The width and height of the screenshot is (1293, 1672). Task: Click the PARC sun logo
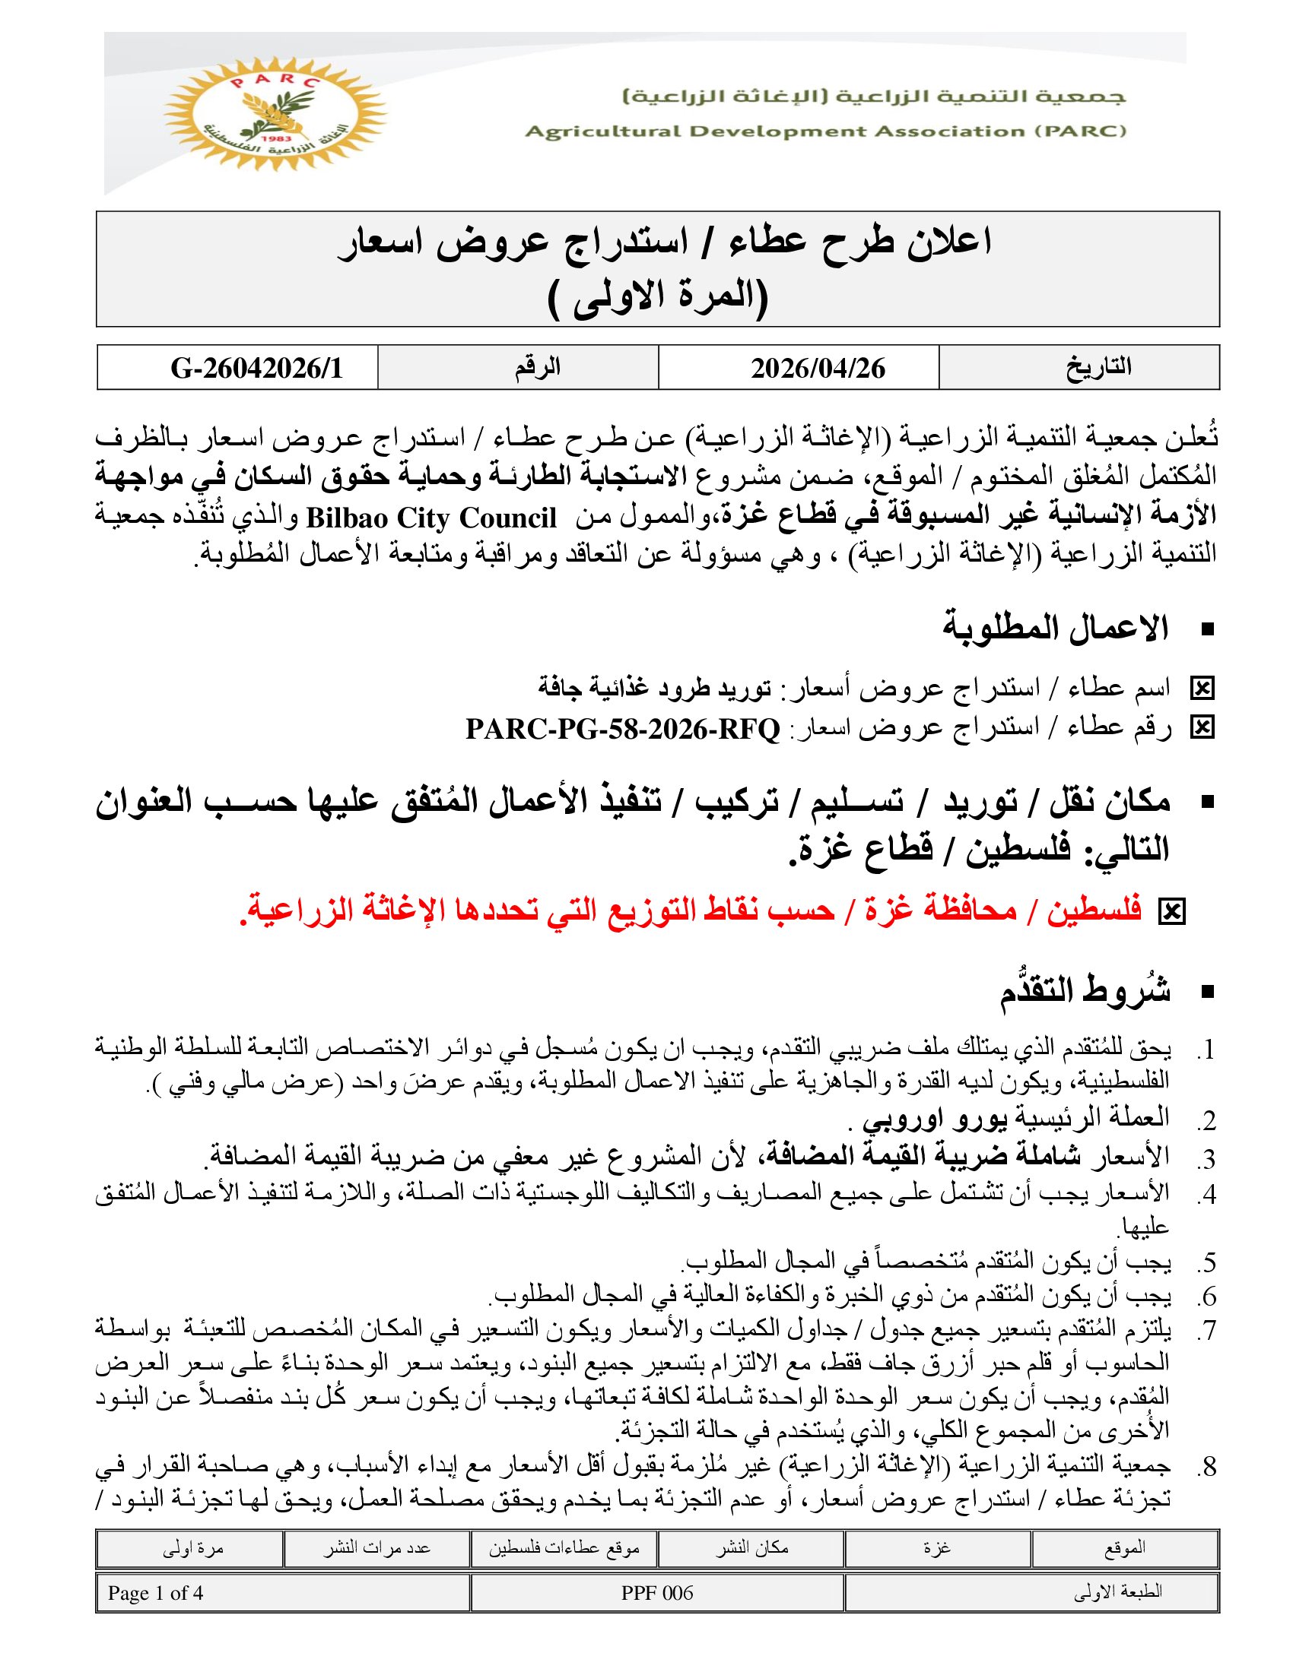(275, 112)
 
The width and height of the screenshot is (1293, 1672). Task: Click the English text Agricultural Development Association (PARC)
(825, 131)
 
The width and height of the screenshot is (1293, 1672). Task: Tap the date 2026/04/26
(818, 369)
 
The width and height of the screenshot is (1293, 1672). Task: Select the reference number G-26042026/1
(256, 369)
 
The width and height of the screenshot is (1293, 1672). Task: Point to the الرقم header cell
(537, 368)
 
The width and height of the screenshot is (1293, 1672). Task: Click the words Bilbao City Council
(431, 518)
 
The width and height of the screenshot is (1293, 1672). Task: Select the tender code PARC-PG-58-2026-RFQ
(623, 729)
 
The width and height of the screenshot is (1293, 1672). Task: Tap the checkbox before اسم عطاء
(1202, 689)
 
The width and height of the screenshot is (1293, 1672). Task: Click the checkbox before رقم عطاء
(1202, 728)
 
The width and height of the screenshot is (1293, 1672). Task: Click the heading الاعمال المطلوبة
(1055, 629)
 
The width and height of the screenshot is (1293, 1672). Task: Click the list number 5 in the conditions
(1207, 1262)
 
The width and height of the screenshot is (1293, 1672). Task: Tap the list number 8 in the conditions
(1207, 1467)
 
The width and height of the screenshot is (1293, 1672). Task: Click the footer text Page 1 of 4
(155, 1593)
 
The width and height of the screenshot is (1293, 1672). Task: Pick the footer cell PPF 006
(656, 1593)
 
